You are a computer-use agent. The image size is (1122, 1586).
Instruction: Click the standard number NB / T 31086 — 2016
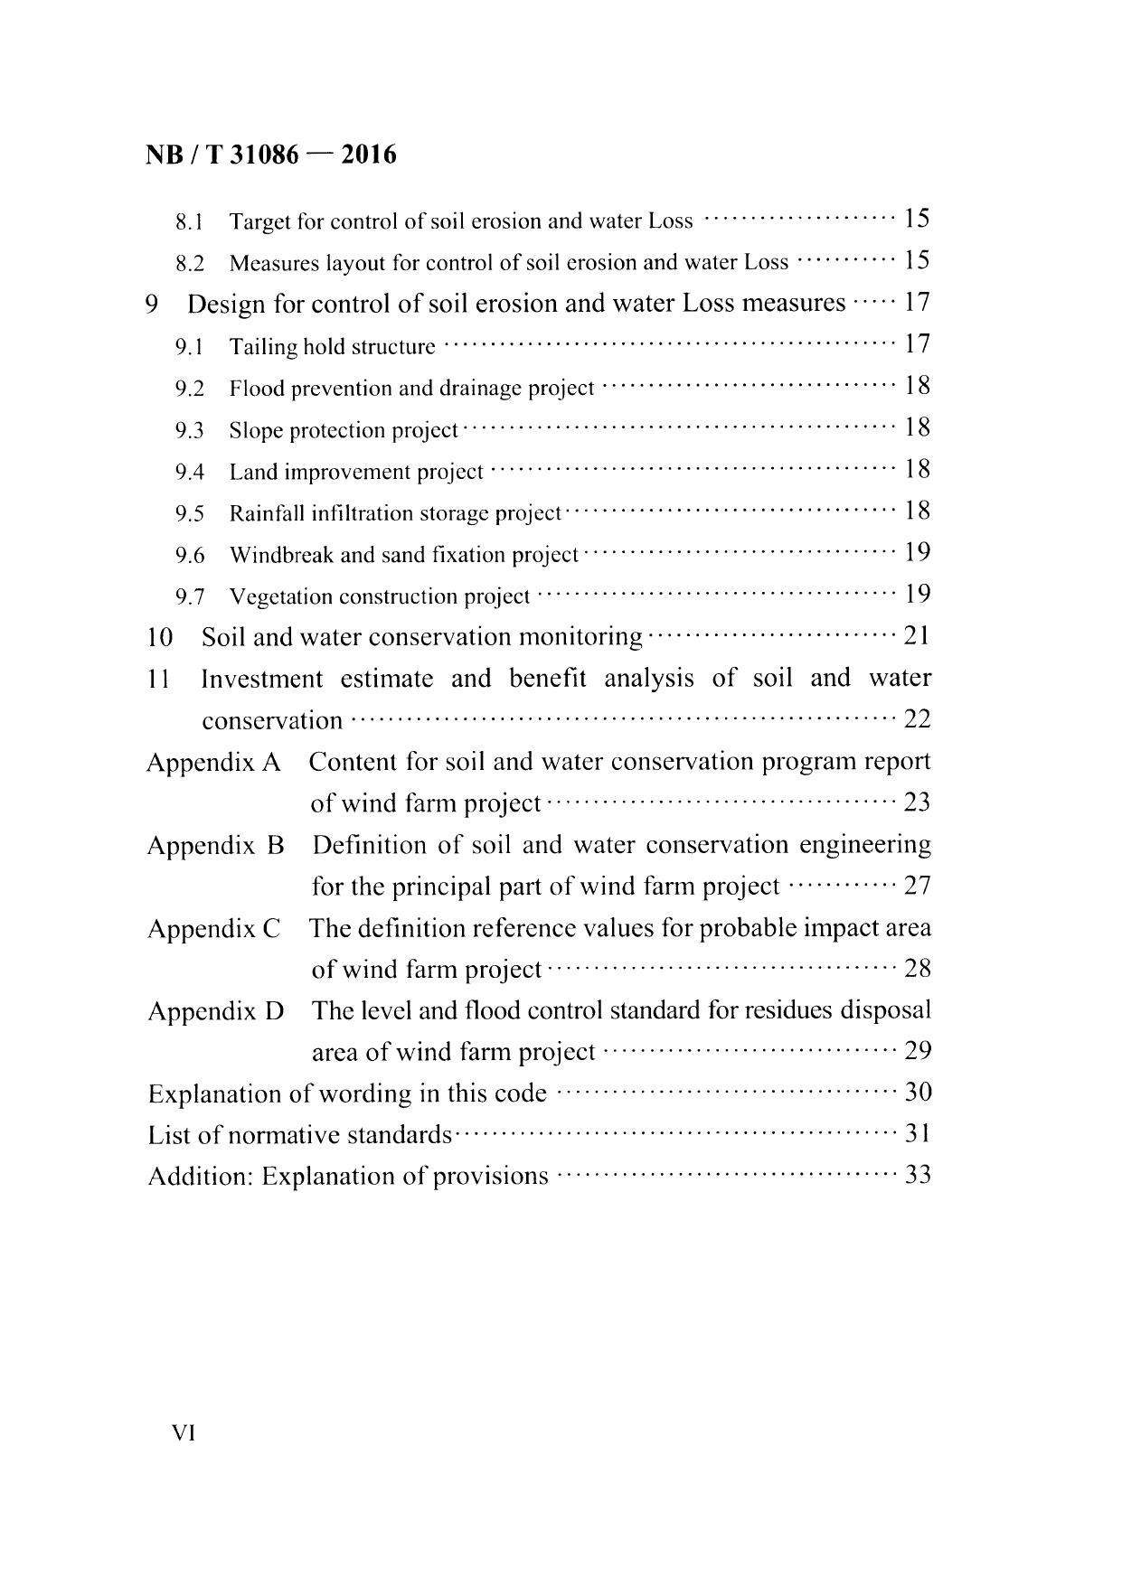(270, 155)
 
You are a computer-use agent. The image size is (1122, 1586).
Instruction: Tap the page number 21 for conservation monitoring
(917, 637)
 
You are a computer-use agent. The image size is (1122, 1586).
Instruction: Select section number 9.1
(190, 347)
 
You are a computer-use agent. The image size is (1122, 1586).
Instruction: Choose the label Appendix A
(214, 763)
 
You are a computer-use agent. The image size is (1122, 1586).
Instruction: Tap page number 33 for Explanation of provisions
(918, 1176)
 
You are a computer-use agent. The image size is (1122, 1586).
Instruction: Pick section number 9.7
(190, 597)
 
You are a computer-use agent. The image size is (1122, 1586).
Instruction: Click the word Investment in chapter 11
(261, 679)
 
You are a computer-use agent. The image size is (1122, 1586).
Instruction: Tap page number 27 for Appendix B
(918, 886)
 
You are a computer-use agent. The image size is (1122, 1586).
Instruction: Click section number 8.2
(190, 264)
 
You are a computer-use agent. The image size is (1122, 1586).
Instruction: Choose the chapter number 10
(159, 638)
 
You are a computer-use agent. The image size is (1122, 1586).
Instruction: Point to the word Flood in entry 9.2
(250, 389)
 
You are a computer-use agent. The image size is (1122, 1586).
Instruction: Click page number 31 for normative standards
(918, 1134)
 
